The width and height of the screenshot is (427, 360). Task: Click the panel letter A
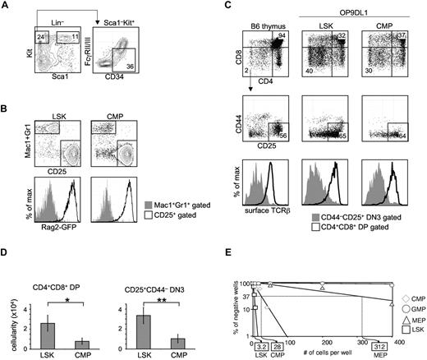pyautogui.click(x=7, y=7)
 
